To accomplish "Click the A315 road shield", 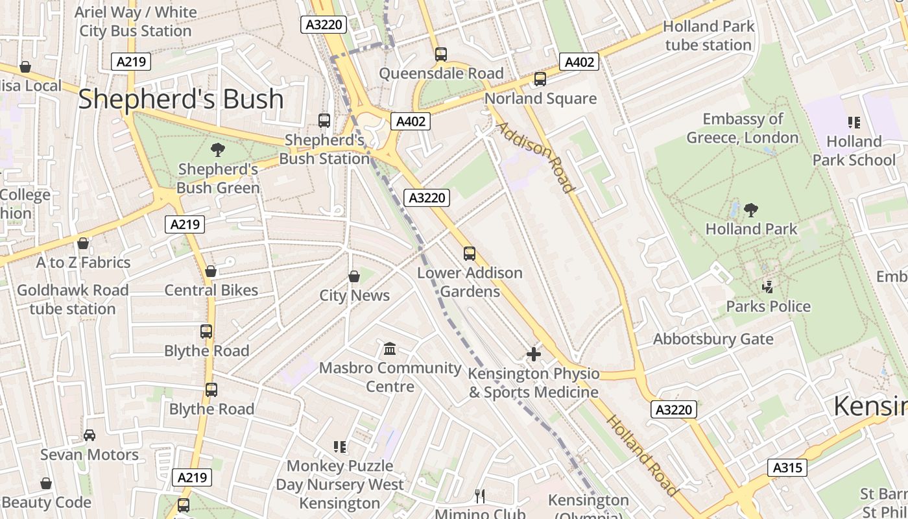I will click(x=787, y=468).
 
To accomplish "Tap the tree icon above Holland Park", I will click(x=751, y=210).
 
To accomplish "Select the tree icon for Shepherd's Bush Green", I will click(x=218, y=150).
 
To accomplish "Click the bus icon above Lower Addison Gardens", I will click(x=470, y=254).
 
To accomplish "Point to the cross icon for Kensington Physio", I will click(x=533, y=354).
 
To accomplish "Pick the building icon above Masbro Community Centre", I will click(x=390, y=349).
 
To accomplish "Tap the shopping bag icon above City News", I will click(x=354, y=276).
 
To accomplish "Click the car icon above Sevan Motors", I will click(x=90, y=435).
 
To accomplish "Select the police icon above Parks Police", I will click(x=768, y=287).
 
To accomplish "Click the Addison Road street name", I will click(x=536, y=157).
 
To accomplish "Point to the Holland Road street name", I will click(x=642, y=455).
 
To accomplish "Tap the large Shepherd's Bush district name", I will click(x=181, y=99).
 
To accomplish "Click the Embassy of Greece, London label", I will click(x=743, y=128).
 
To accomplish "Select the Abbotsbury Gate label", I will click(x=713, y=339).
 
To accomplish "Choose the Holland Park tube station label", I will click(x=709, y=36).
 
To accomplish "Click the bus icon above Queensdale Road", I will click(x=441, y=54).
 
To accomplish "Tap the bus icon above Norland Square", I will click(x=540, y=79).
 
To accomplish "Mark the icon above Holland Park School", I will click(x=854, y=122).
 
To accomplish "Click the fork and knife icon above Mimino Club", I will click(x=480, y=496).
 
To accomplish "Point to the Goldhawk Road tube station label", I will click(x=73, y=299).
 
